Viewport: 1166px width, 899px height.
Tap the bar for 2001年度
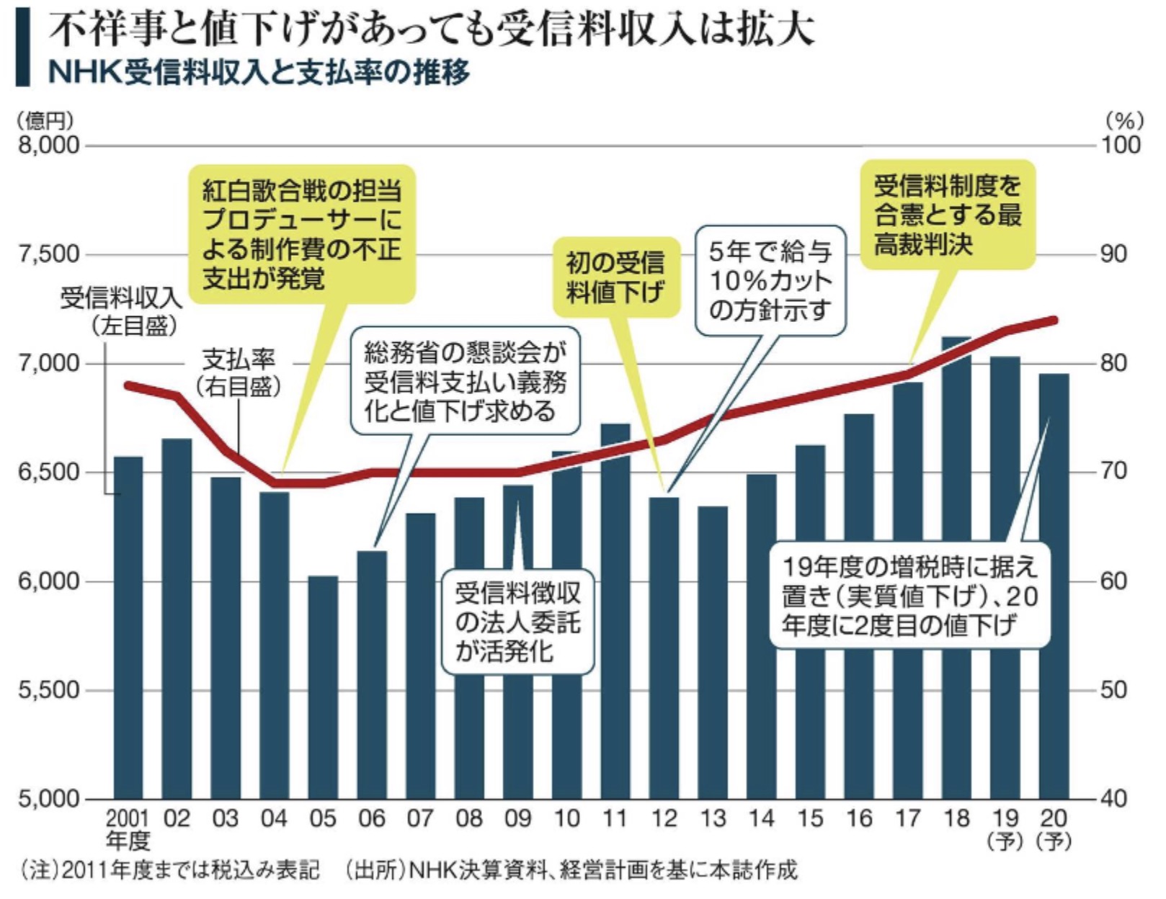[128, 627]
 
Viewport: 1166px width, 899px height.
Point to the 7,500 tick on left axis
[48, 255]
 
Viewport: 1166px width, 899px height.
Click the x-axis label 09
[517, 819]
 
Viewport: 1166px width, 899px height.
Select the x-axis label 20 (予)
[1054, 828]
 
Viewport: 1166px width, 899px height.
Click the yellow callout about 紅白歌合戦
[301, 235]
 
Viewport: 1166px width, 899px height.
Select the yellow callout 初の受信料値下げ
[615, 277]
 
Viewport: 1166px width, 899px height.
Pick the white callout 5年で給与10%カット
[770, 281]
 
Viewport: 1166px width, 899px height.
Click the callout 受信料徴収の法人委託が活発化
[517, 622]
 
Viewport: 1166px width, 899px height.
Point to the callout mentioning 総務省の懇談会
[465, 382]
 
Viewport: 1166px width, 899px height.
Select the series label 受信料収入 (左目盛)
[120, 310]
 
